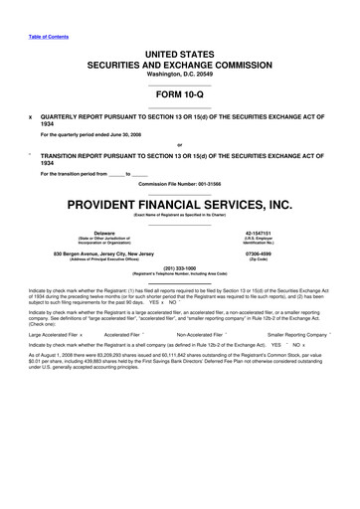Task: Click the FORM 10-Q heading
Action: pyautogui.click(x=179, y=94)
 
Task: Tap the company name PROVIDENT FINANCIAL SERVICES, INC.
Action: pyautogui.click(x=179, y=204)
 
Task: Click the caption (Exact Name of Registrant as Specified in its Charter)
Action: pyautogui.click(x=179, y=216)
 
